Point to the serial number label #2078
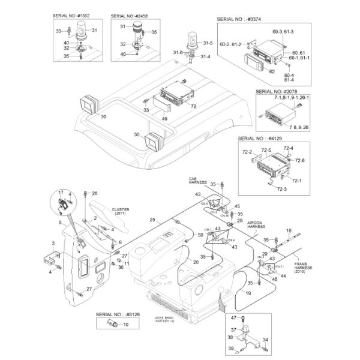[275, 92]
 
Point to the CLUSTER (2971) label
[120, 211]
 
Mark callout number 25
[152, 219]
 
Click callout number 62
[272, 71]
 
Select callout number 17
[61, 192]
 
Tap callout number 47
[233, 316]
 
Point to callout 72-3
[282, 188]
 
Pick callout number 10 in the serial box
[125, 324]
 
